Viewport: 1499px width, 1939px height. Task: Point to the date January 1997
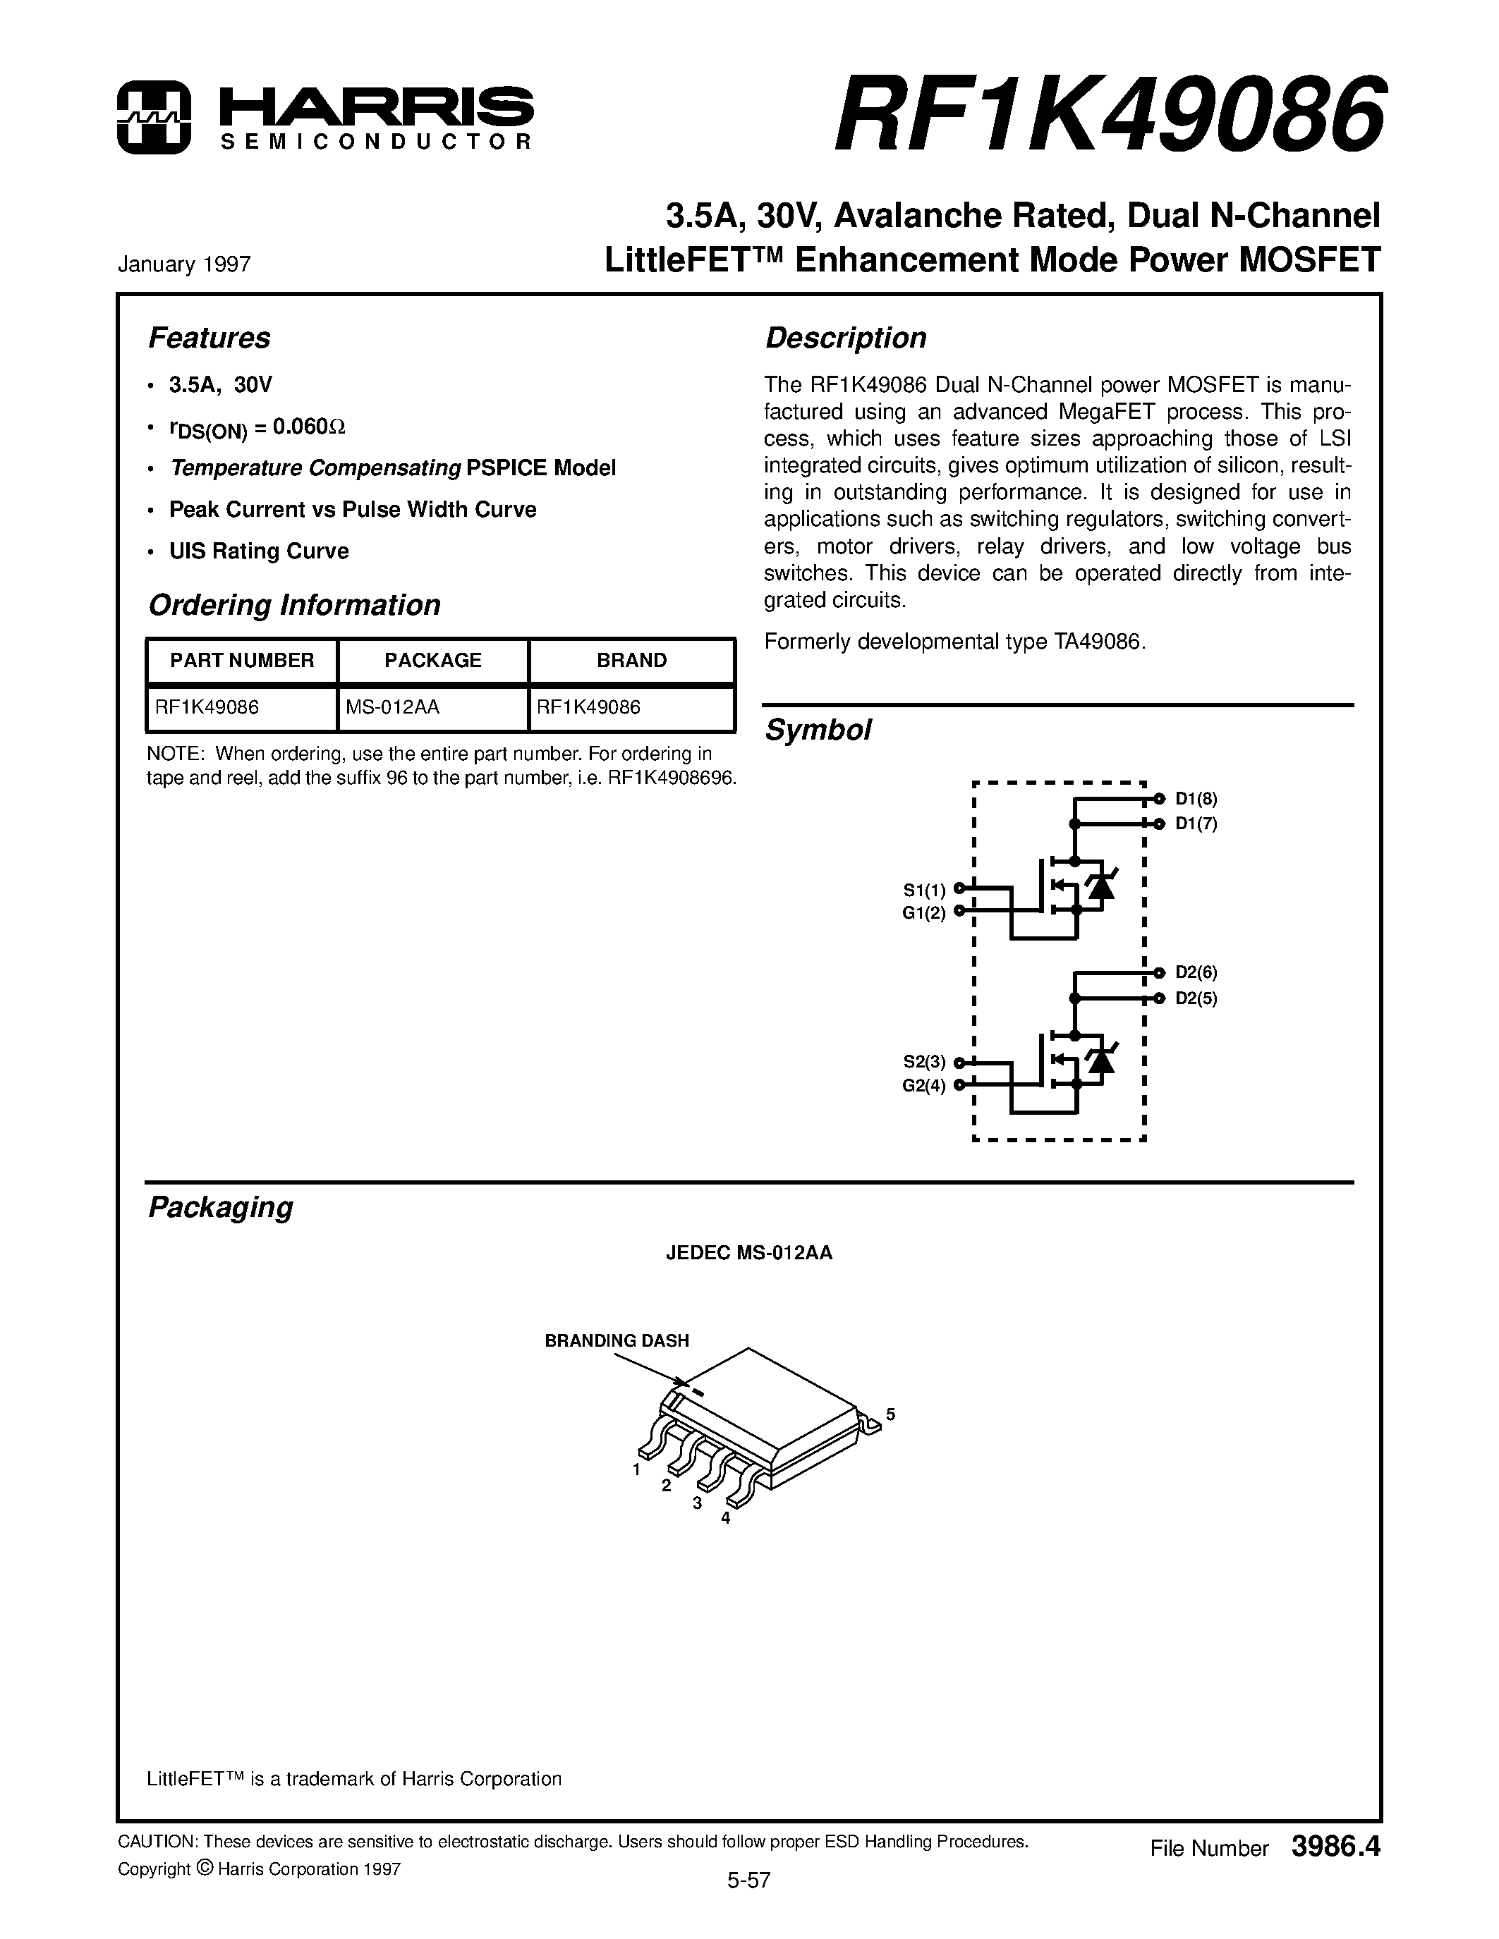[x=184, y=264]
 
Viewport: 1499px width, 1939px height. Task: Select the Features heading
[x=209, y=338]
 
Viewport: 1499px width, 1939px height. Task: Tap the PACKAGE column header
[x=432, y=661]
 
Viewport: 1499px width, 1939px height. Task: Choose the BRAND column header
[x=631, y=661]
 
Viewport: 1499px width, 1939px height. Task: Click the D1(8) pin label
[x=1196, y=798]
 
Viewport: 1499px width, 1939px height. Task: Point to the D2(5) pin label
[x=1196, y=998]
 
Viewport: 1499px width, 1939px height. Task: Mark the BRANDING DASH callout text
[x=617, y=1340]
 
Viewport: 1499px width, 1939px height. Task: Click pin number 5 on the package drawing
[x=891, y=1414]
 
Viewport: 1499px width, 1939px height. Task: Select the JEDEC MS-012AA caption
[x=748, y=1253]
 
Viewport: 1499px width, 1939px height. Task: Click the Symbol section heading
[x=817, y=730]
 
